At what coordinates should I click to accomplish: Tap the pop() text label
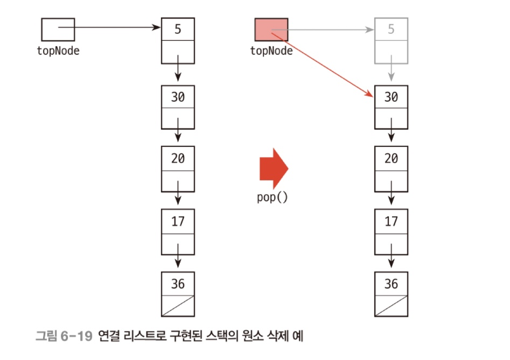coord(273,196)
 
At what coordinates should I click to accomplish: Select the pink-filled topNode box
coord(271,30)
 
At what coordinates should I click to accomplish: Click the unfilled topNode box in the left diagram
coord(58,30)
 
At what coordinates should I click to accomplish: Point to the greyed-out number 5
coord(391,29)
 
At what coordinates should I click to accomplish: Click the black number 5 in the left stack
coord(178,29)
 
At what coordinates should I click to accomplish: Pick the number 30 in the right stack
coord(391,97)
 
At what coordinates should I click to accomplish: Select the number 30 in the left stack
coord(178,97)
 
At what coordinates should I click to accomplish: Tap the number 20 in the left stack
coord(178,159)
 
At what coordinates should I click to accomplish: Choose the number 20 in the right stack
coord(391,159)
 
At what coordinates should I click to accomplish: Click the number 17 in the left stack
coord(178,221)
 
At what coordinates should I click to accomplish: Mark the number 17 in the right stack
coord(391,221)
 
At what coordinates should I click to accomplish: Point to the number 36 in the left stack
coord(178,283)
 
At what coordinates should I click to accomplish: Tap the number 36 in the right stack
coord(391,283)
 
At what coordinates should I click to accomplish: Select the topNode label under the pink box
coord(271,51)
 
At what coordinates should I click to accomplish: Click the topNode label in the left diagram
coord(58,51)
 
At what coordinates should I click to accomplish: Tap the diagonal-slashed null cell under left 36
coord(178,305)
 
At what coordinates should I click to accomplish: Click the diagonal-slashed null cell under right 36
coord(391,305)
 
